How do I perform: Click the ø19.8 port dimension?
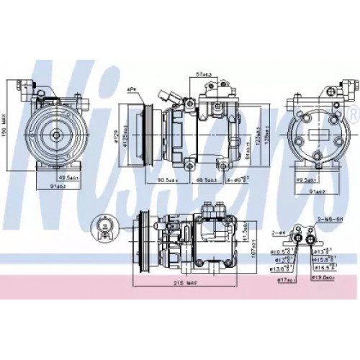click(322, 276)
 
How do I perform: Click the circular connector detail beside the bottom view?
click(107, 230)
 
